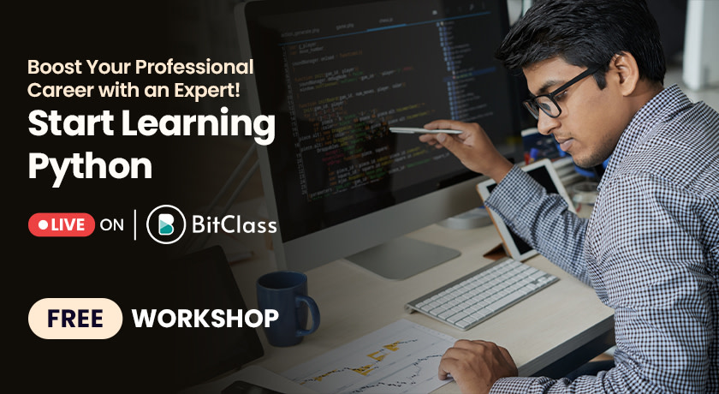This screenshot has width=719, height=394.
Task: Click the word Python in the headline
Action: (90, 165)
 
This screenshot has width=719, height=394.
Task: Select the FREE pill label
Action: (75, 319)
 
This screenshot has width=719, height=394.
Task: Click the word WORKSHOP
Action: (205, 319)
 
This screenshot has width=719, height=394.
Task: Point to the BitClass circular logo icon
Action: (166, 225)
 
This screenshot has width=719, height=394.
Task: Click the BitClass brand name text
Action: (234, 225)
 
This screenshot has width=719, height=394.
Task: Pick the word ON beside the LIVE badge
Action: (112, 225)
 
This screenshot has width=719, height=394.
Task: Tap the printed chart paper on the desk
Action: (377, 360)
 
